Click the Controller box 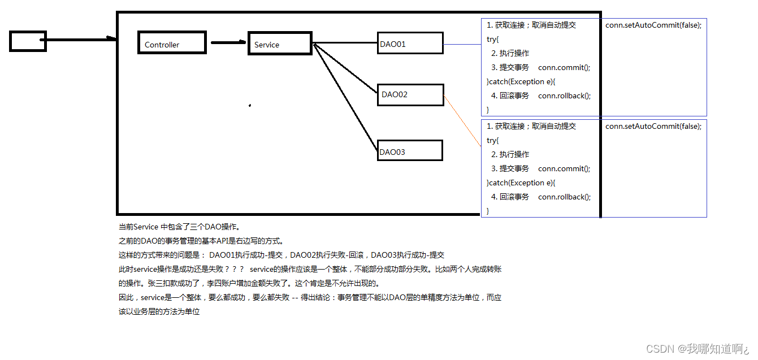point(172,43)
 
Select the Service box point(280,44)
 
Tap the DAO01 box point(410,44)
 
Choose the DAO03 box point(410,151)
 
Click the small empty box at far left point(28,41)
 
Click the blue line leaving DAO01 point(462,44)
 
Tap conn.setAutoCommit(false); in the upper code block point(653,25)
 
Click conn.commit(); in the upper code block point(564,67)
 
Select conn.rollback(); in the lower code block point(564,197)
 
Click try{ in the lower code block point(493,140)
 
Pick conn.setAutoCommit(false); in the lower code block point(653,126)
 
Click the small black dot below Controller point(249,105)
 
